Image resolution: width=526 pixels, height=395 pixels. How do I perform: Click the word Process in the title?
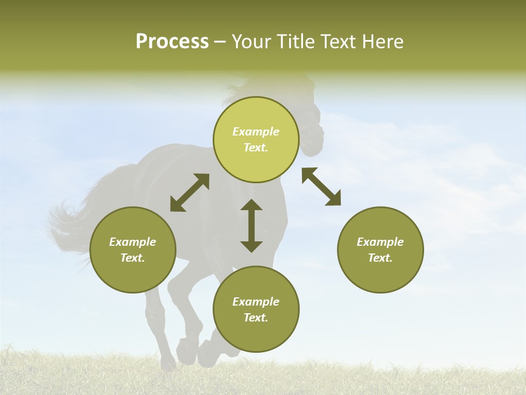tap(172, 42)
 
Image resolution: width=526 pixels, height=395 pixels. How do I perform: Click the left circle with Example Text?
tap(133, 250)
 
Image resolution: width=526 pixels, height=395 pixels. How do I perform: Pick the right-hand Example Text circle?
tap(380, 250)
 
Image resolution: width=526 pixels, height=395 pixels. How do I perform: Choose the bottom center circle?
tap(256, 309)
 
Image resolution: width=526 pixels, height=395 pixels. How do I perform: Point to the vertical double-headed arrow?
tap(251, 225)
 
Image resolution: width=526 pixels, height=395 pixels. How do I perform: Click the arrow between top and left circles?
tap(190, 193)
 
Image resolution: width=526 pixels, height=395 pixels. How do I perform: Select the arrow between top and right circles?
tap(322, 187)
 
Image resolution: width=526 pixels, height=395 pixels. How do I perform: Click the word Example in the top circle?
tap(256, 132)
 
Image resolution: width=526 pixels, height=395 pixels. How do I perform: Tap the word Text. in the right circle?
tap(380, 258)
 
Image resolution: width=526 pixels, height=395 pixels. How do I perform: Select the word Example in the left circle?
tap(133, 242)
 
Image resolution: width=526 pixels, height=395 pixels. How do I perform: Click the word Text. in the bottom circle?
tap(256, 318)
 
